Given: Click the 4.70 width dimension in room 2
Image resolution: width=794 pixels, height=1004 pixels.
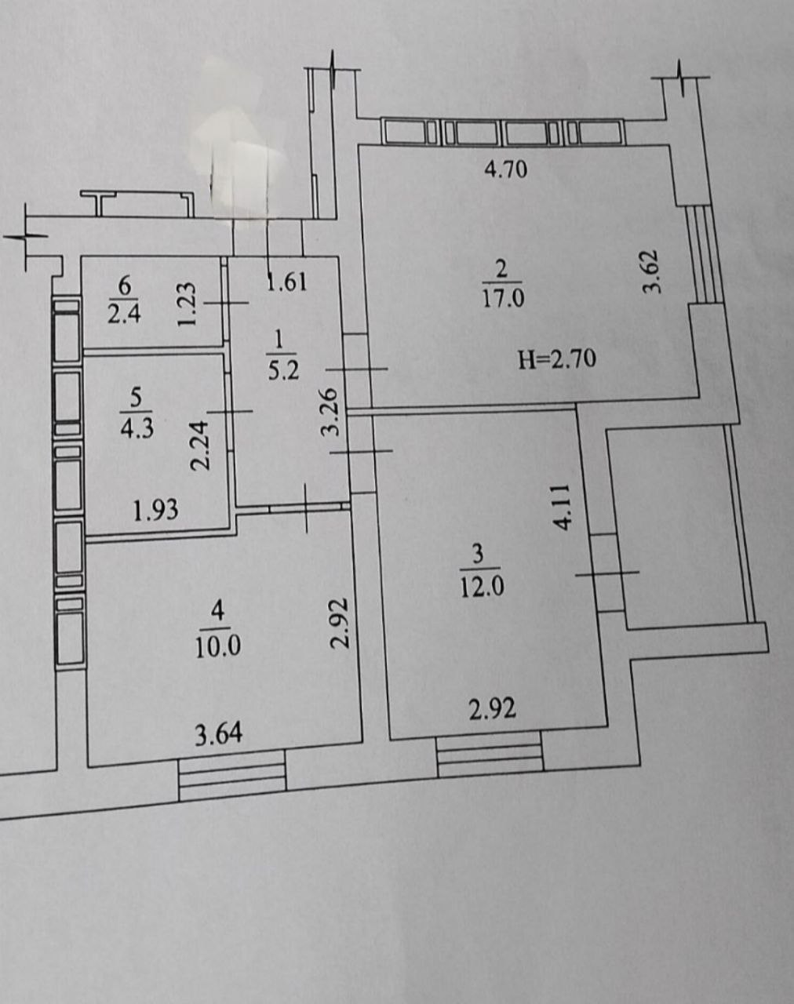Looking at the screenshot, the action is [x=506, y=169].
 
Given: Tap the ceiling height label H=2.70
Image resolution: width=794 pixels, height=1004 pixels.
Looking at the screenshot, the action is [x=557, y=360].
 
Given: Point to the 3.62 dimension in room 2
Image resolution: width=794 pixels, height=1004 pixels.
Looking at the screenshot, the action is [x=651, y=272].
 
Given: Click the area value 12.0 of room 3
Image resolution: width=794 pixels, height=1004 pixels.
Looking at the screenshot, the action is [x=483, y=587].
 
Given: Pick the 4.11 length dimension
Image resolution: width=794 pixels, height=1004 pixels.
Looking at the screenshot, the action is [x=562, y=507].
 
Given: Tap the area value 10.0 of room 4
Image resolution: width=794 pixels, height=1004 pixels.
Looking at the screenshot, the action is [x=218, y=648].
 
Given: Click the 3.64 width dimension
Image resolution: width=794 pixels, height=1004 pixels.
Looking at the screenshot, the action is [x=218, y=735].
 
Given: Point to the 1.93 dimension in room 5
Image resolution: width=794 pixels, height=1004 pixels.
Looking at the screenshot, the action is [x=155, y=511].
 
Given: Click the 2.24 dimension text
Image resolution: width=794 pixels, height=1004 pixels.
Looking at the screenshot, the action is [x=201, y=446].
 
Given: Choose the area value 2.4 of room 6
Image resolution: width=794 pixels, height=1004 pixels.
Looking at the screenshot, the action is [x=124, y=315].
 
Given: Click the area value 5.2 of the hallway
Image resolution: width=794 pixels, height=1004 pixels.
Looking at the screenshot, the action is [x=283, y=371].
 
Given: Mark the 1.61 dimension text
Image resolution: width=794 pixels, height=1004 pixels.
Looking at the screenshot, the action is [x=286, y=282].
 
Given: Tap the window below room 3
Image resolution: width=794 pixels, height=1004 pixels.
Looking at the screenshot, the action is [x=490, y=754].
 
